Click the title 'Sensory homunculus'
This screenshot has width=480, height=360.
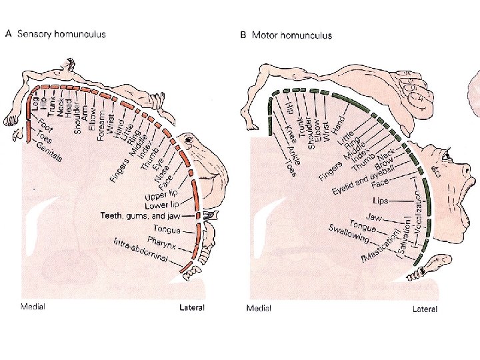(x=65, y=35)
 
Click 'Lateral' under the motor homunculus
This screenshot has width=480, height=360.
(x=424, y=309)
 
